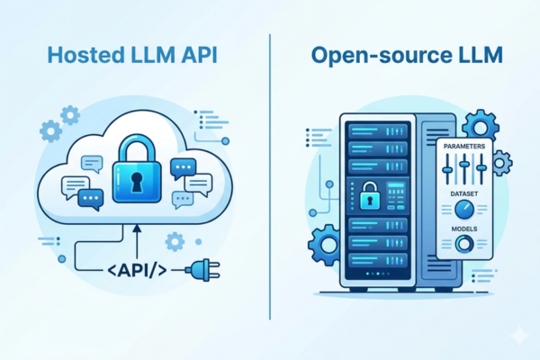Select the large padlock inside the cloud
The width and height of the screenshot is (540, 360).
coord(137,168)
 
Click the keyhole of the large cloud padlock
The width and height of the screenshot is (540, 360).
coord(137,182)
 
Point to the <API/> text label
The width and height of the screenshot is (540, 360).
coord(137,270)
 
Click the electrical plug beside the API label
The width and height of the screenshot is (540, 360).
coord(202,270)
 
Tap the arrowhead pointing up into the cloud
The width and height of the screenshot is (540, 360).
coord(137,229)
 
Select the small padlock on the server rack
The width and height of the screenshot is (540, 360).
coord(370,196)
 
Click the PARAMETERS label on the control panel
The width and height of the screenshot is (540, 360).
coord(464,146)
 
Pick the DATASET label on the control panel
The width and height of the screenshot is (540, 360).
coord(464,194)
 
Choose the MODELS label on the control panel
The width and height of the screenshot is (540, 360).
coord(464,229)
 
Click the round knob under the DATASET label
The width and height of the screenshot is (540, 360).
coord(464,209)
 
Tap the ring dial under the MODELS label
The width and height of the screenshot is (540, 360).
coord(464,244)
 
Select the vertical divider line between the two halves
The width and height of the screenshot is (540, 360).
coord(270,176)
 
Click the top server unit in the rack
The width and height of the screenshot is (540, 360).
coord(377,131)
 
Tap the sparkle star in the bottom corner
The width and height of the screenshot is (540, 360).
coord(519,335)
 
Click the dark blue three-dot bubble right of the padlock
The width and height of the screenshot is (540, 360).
coord(184,168)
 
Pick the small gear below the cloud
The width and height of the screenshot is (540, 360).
coord(175,241)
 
